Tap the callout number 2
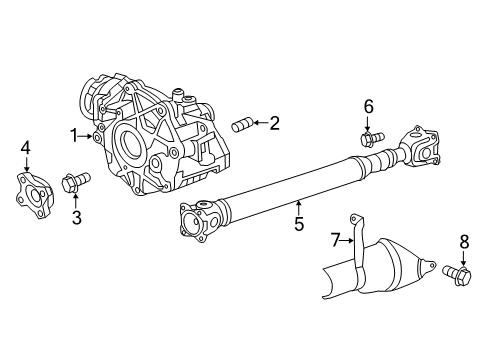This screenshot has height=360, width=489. point(274,123)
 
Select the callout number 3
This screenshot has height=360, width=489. point(75,217)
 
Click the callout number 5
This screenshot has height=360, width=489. point(298,226)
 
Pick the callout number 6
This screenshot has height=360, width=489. point(368,106)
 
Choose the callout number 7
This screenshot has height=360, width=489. point(335,239)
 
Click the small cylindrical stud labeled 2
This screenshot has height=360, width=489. point(242,125)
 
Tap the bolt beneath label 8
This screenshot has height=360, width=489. point(461,273)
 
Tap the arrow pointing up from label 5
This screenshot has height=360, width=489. point(298,209)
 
